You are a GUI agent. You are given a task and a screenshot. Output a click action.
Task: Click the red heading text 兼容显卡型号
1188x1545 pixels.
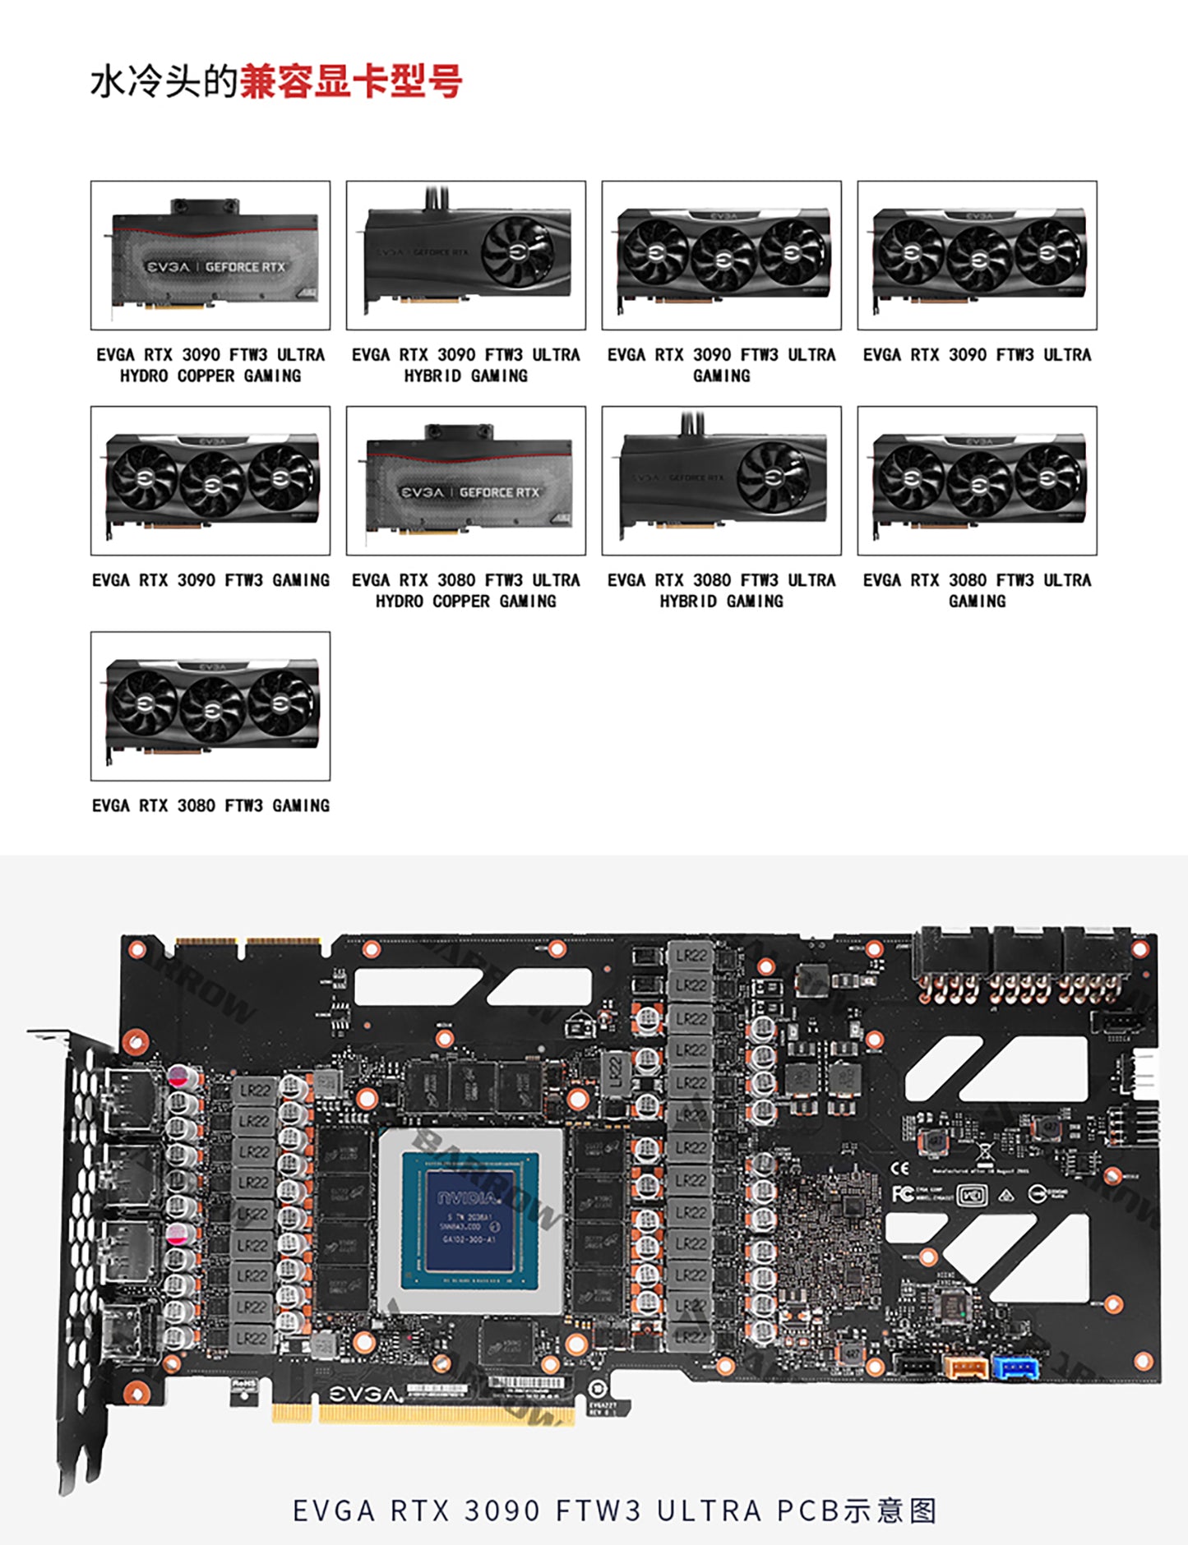point(351,82)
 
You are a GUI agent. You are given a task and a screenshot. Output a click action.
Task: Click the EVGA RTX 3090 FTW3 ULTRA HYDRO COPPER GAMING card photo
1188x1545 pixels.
point(210,256)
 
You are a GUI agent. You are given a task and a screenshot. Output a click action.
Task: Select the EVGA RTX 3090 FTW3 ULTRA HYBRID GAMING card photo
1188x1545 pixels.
point(466,256)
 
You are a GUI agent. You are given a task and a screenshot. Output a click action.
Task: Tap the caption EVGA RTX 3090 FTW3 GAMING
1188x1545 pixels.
point(210,580)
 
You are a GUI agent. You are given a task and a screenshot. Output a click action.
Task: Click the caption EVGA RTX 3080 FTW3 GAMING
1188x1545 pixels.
point(210,805)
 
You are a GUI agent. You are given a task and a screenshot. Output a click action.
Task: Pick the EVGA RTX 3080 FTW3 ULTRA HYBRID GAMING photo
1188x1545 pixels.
point(721,481)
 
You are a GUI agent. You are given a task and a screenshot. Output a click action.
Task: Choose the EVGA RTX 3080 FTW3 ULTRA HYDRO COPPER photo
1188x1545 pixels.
point(466,481)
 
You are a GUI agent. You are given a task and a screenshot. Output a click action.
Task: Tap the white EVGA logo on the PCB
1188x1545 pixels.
point(366,1395)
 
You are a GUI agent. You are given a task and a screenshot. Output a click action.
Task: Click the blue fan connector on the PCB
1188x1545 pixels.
point(1016,1368)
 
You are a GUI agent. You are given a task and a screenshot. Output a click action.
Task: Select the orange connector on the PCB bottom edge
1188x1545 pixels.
point(966,1367)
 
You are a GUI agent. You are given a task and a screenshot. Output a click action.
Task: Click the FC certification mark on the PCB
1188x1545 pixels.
point(903,1193)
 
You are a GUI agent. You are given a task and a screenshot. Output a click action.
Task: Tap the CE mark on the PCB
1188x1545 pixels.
point(901,1168)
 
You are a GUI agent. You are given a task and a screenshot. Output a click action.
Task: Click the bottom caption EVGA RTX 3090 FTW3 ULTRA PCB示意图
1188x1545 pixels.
point(615,1510)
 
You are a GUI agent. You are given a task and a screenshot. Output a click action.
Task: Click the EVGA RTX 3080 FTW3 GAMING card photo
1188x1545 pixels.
point(210,706)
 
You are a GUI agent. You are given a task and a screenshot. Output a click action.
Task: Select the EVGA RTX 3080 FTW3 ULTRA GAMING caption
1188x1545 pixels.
point(977,590)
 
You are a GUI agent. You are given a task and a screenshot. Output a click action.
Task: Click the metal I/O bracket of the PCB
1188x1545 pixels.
point(82,1233)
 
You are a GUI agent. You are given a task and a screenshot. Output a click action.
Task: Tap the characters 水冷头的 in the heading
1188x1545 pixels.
point(164,82)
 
